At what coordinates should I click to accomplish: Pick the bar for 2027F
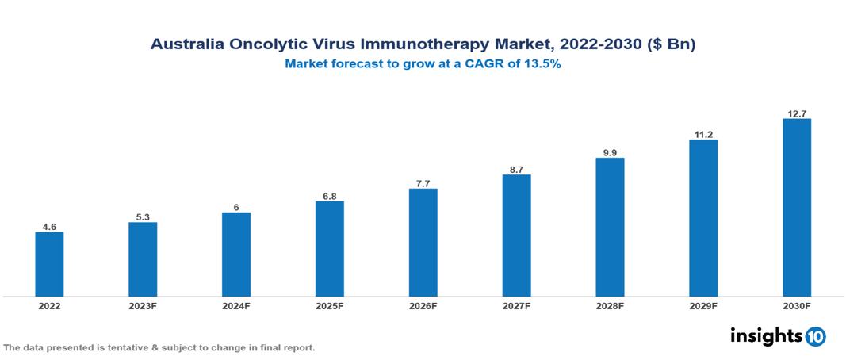click(x=516, y=236)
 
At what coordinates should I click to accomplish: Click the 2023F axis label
click(x=143, y=306)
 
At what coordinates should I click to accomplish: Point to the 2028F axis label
click(x=610, y=306)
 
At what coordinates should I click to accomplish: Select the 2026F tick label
click(x=423, y=306)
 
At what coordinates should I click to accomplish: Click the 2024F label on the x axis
click(x=236, y=306)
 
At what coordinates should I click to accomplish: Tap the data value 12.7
click(x=796, y=113)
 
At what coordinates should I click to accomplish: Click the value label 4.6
click(x=49, y=227)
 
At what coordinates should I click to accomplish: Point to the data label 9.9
click(x=610, y=152)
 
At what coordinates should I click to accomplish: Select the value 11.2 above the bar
click(x=703, y=134)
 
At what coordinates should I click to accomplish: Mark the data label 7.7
click(x=423, y=183)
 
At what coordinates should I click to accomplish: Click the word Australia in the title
click(x=188, y=45)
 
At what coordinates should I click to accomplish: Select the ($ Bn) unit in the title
click(x=670, y=45)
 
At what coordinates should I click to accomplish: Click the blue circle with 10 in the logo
click(x=815, y=336)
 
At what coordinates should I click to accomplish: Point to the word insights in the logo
click(x=766, y=335)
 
